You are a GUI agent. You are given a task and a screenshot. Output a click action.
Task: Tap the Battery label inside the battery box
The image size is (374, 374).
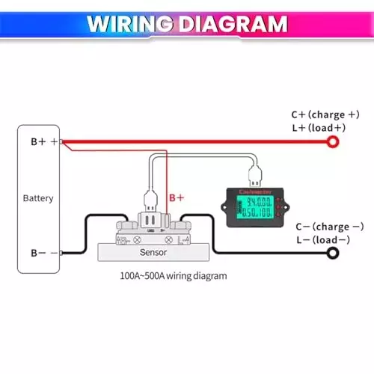pyautogui.click(x=38, y=198)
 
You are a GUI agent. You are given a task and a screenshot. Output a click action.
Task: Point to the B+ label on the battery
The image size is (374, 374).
pyautogui.click(x=37, y=141)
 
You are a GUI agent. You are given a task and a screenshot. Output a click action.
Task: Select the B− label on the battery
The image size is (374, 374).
pyautogui.click(x=37, y=254)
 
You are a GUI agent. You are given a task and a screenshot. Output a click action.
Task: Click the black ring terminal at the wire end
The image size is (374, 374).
pyautogui.click(x=331, y=254)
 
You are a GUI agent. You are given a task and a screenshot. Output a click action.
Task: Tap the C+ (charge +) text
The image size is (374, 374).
pyautogui.click(x=325, y=115)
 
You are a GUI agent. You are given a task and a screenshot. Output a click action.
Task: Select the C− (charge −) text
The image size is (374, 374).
pyautogui.click(x=327, y=227)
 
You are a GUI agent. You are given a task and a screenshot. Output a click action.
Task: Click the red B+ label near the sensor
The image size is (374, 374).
pyautogui.click(x=177, y=197)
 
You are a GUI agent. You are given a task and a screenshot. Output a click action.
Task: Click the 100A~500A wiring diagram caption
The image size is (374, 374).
pyautogui.click(x=173, y=275)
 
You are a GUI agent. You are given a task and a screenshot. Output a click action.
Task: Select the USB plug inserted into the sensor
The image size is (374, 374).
pyautogui.click(x=150, y=200)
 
